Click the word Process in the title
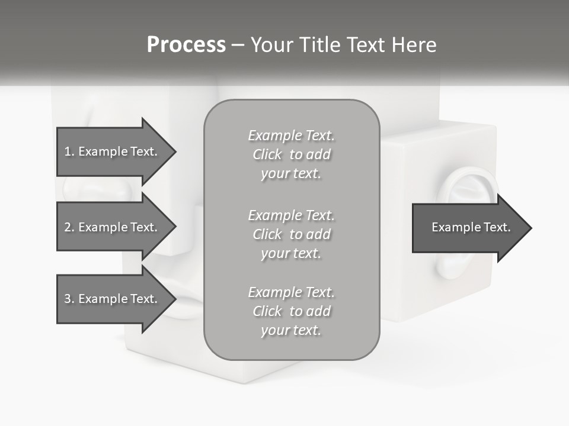pos(186,45)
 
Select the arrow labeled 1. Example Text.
pos(113,151)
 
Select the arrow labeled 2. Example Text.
pos(113,227)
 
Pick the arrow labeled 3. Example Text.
pos(113,299)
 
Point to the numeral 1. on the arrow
pos(69,151)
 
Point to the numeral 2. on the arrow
pos(69,227)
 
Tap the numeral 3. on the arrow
pos(69,299)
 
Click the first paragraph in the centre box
pos(291,154)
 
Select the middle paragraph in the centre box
pos(291,234)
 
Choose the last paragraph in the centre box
pos(291,311)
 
